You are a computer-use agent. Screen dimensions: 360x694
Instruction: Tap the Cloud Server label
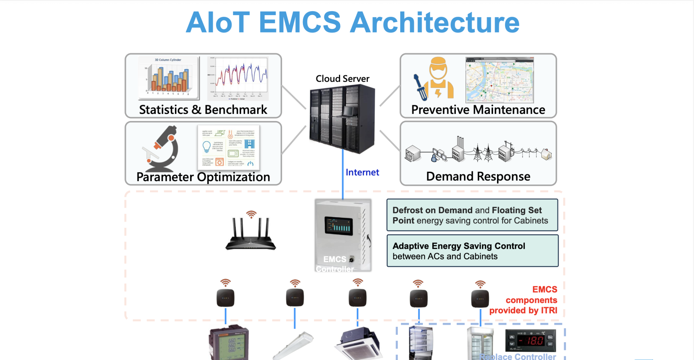pyautogui.click(x=342, y=79)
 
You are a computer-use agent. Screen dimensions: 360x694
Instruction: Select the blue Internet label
pyautogui.click(x=362, y=172)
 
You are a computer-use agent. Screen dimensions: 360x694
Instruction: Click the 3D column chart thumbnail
pyautogui.click(x=168, y=78)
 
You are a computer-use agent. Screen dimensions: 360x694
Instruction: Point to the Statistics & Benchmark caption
pyautogui.click(x=203, y=110)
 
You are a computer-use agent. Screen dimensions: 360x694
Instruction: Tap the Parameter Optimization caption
pyautogui.click(x=203, y=177)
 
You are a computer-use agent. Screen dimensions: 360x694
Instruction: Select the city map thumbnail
pyautogui.click(x=500, y=80)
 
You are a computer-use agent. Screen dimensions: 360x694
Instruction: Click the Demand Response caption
pyautogui.click(x=478, y=176)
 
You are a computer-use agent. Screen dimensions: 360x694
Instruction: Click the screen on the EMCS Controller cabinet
pyautogui.click(x=338, y=226)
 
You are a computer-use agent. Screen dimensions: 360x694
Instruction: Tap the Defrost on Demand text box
pyautogui.click(x=472, y=215)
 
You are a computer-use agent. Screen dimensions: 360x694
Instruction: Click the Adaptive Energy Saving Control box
pyautogui.click(x=472, y=251)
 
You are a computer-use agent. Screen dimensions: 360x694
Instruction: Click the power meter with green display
pyautogui.click(x=229, y=343)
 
